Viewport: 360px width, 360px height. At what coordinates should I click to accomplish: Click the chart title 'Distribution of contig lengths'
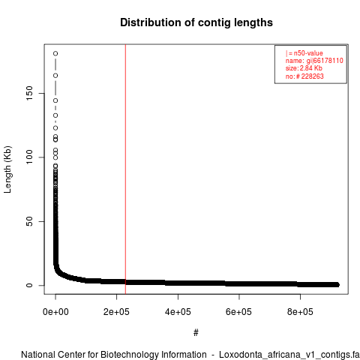[x=196, y=22]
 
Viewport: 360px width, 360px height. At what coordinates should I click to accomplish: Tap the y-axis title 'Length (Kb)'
[x=7, y=169]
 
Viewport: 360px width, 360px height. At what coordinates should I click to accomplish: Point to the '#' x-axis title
[x=196, y=332]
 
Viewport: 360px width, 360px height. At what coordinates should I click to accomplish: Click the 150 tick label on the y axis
[x=29, y=93]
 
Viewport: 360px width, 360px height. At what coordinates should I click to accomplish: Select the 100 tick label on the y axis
[x=29, y=157]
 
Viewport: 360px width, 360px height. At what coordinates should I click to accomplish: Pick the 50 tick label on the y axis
[x=29, y=221]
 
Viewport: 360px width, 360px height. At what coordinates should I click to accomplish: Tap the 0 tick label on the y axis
[x=29, y=285]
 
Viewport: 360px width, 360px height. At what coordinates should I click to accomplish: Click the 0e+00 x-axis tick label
[x=55, y=312]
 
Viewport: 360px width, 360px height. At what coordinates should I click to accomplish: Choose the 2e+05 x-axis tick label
[x=116, y=312]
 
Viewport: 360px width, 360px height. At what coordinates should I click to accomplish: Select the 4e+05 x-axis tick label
[x=178, y=312]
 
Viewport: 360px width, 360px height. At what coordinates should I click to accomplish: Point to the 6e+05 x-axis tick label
[x=239, y=312]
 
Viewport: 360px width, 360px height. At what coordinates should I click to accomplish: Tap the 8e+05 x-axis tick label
[x=300, y=312]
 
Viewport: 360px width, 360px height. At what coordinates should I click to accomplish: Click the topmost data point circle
[x=55, y=53]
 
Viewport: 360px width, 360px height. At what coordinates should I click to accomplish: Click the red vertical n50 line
[x=125, y=169]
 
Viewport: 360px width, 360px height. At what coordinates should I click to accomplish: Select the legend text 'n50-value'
[x=308, y=53]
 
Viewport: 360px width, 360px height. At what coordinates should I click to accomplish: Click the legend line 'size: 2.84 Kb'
[x=304, y=68]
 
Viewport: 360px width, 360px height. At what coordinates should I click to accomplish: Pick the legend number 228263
[x=313, y=76]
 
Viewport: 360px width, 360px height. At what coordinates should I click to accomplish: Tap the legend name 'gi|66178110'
[x=325, y=61]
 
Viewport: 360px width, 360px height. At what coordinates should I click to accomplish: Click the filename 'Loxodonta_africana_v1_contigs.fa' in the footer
[x=289, y=355]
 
